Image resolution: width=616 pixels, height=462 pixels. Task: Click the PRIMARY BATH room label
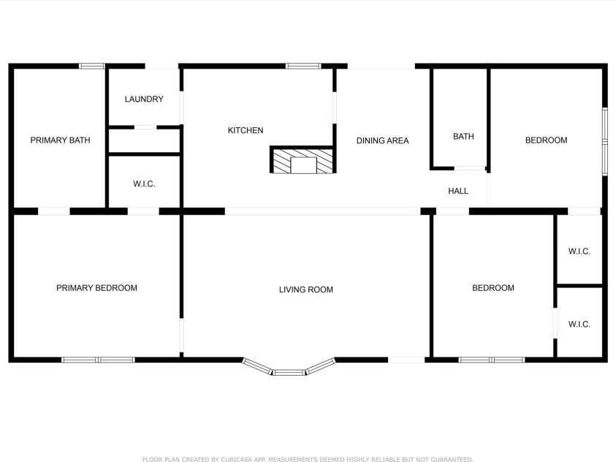[x=60, y=140]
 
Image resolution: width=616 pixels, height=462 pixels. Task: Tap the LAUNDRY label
[x=144, y=99]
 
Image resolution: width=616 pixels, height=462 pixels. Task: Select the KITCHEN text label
[x=246, y=130]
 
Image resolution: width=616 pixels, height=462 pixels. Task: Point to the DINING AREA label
[x=383, y=140]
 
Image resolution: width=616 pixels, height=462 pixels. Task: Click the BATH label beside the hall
[x=463, y=136]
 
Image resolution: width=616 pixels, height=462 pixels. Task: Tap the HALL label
[x=458, y=191]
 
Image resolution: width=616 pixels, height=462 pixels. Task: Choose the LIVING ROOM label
[x=306, y=289]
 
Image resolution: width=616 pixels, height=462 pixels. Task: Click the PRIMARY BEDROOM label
[x=96, y=288]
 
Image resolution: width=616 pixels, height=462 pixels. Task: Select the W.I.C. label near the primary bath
[x=144, y=184]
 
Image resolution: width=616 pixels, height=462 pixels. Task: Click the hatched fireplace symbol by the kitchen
[x=303, y=160]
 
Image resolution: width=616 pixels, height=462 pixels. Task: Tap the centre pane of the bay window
[x=289, y=372]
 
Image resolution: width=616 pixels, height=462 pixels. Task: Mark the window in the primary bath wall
[x=92, y=66]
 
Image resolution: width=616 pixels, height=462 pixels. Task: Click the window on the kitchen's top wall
[x=303, y=66]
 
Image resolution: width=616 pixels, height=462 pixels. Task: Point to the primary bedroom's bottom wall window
[x=98, y=360]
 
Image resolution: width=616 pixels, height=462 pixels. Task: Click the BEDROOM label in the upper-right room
[x=546, y=140]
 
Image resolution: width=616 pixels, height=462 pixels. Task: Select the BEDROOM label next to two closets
[x=493, y=288]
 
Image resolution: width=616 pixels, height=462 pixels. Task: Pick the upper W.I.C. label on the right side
[x=579, y=251]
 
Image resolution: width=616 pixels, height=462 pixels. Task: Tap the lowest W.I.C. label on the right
[x=579, y=325]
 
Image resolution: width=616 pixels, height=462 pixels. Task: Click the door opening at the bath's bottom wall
[x=470, y=169]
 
